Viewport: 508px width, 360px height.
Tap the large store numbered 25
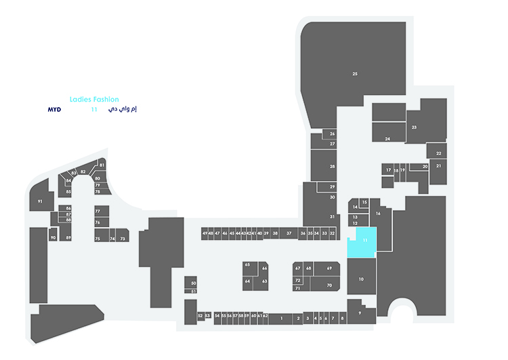355,73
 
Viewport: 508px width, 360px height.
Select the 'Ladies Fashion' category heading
94,99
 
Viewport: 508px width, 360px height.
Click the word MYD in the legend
55,108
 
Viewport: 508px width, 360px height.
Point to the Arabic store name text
123,108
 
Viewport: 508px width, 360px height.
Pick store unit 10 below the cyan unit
361,279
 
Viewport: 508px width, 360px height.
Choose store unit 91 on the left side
41,201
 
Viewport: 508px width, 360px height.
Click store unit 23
414,127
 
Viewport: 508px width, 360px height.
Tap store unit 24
387,138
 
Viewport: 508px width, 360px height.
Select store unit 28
333,166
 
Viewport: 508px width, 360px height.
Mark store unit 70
329,285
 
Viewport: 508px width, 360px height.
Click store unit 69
329,268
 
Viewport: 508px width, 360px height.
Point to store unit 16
379,214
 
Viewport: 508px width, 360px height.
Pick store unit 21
438,165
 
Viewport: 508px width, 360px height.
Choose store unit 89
68,237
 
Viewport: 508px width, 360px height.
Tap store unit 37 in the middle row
289,233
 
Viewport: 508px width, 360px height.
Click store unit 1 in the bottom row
280,318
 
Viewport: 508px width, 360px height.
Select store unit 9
360,313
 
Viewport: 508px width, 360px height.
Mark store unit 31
333,216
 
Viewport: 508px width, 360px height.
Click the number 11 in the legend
94,108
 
